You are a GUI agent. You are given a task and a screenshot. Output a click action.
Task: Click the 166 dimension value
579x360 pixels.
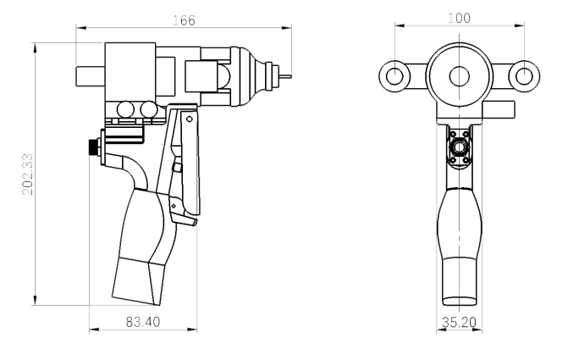pyautogui.click(x=184, y=20)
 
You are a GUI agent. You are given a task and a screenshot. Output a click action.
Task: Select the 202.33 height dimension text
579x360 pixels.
pyautogui.click(x=28, y=174)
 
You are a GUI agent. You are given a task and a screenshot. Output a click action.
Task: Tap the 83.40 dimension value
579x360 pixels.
pyautogui.click(x=143, y=322)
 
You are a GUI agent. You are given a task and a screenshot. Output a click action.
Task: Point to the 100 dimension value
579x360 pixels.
pyautogui.click(x=459, y=18)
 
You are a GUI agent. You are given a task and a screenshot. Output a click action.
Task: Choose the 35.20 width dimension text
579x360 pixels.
pyautogui.click(x=460, y=322)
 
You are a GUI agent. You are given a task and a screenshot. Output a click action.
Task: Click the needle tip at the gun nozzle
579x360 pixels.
pyautogui.click(x=290, y=76)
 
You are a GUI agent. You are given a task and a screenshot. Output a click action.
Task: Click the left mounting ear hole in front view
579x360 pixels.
pyautogui.click(x=394, y=76)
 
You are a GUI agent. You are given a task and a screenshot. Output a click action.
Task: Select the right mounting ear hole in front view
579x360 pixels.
pyautogui.click(x=524, y=76)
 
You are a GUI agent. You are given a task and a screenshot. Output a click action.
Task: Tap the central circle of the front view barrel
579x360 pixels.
pyautogui.click(x=460, y=76)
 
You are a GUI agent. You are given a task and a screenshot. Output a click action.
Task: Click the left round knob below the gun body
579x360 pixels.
pyautogui.click(x=125, y=110)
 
